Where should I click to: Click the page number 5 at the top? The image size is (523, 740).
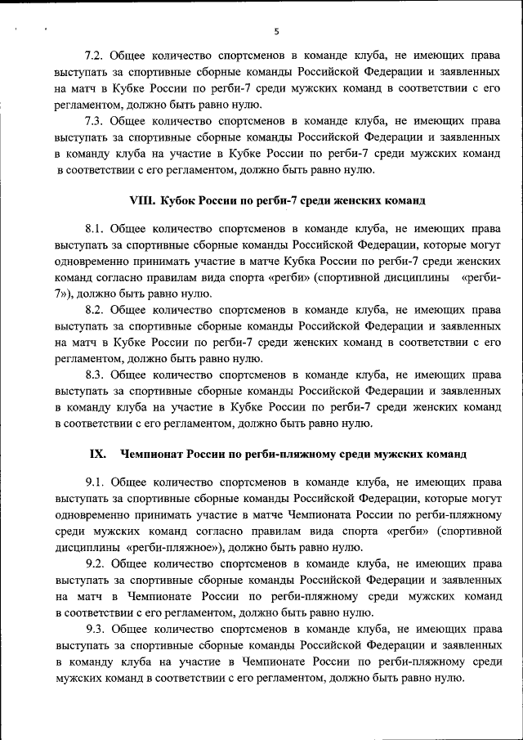pos(276,32)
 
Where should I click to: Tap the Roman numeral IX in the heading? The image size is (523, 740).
pos(96,454)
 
